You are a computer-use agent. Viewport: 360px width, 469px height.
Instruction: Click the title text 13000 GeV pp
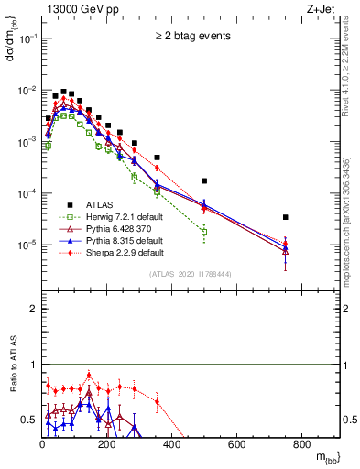click(x=82, y=10)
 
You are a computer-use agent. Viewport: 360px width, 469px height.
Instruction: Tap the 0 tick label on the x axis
click(x=42, y=446)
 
